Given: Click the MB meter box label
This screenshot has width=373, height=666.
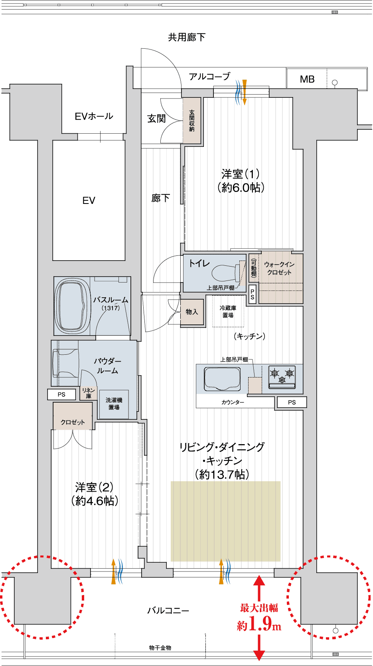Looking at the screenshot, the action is coord(307,79).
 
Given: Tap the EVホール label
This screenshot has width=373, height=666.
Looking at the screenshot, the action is coord(94,116).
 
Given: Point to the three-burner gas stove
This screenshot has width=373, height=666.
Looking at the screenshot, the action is coord(282,377).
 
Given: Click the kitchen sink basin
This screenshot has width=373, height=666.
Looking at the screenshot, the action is coord(222,378).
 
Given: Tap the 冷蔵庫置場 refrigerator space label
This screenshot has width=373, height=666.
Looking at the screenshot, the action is coord(228,311).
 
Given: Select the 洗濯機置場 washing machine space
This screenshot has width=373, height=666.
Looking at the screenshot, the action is coord(114,404).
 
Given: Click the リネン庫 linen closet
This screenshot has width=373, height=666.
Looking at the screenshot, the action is coord(89,393).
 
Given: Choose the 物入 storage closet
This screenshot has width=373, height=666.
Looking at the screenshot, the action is coord(192,312).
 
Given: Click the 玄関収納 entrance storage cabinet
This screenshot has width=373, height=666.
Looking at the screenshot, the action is coord(192,121).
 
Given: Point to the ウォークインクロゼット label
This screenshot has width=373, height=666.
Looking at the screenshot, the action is coord(279,268).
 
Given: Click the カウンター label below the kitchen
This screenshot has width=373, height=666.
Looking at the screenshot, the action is coord(233,402).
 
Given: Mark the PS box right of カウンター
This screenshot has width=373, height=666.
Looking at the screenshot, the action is coord(292,402).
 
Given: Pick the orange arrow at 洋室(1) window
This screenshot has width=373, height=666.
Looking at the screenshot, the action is coord(244,92).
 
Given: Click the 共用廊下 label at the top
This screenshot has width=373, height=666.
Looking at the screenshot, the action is coord(187,37).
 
